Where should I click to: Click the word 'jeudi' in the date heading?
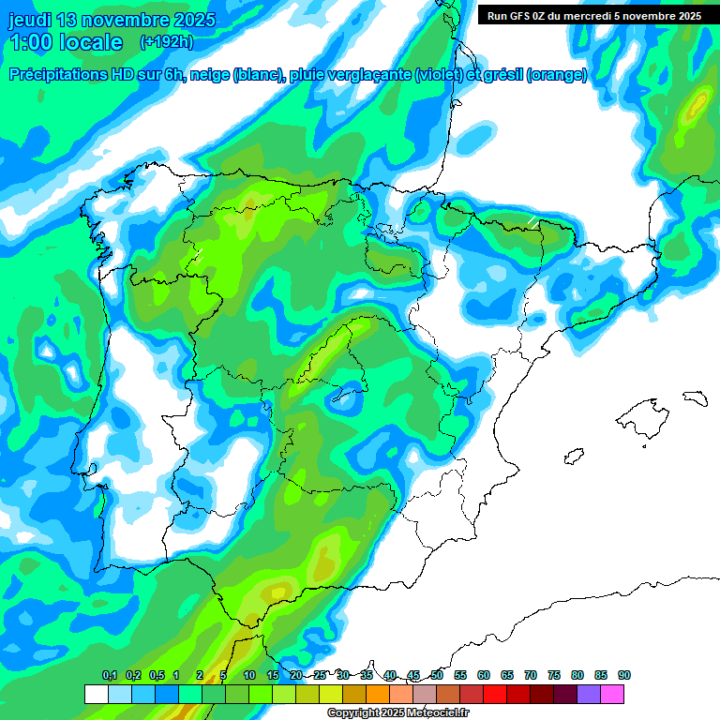coord(32,20)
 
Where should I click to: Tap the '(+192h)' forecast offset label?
coord(166,42)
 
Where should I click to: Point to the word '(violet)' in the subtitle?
coord(438,75)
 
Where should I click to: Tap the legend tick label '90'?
coord(624,675)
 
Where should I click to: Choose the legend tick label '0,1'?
coord(109,675)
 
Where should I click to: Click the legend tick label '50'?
coord(437,675)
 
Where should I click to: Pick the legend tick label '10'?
coord(249,675)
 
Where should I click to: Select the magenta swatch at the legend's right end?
coord(612,694)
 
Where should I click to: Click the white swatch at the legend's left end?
coord(96,694)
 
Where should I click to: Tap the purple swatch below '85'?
coord(589,694)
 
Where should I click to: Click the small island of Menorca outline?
coord(695,397)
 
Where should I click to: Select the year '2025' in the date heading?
coord(190,20)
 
